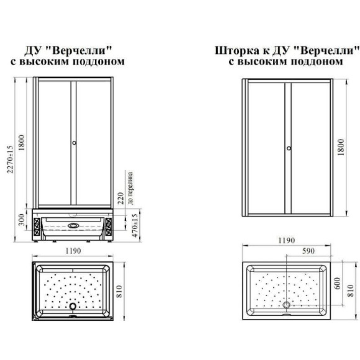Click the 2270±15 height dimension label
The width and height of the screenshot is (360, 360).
(x=10, y=160)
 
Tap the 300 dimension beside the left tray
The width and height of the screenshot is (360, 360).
(x=21, y=220)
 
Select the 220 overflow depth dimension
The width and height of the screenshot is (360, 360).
(x=120, y=198)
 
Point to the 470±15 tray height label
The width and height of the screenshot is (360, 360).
(x=135, y=226)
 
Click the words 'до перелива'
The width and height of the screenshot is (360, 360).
(x=130, y=188)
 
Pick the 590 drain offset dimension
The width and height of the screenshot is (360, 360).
(x=308, y=251)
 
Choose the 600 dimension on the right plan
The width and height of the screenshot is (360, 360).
(x=337, y=284)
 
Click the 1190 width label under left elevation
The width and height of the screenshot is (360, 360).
(x=73, y=251)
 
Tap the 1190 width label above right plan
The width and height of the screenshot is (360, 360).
(x=287, y=240)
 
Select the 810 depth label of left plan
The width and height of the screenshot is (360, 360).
(x=119, y=291)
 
